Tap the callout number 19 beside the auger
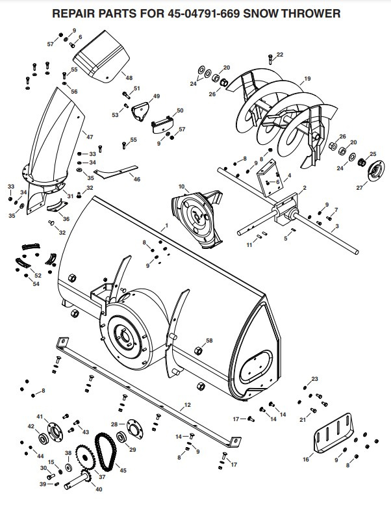[307, 79]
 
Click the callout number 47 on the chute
[90, 137]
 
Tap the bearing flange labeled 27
[373, 174]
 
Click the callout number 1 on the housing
[166, 225]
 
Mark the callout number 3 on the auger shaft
[336, 227]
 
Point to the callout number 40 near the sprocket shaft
[99, 489]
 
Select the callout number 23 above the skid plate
[314, 379]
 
